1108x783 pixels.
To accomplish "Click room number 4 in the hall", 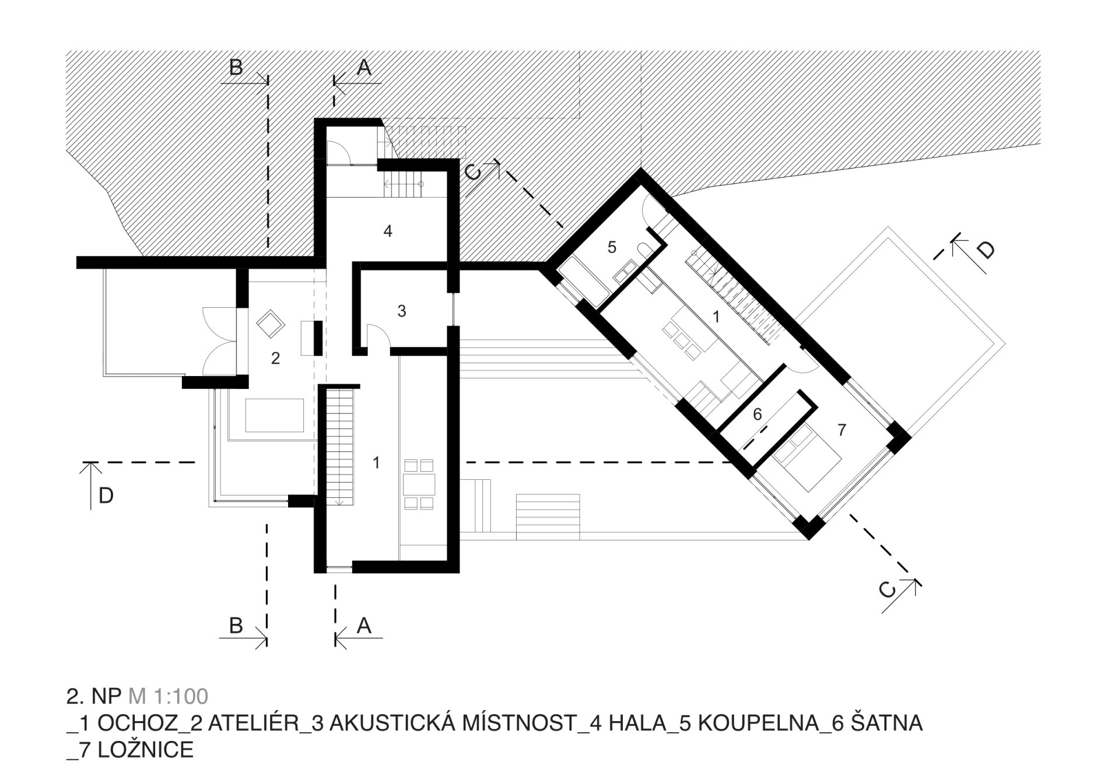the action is pyautogui.click(x=388, y=231).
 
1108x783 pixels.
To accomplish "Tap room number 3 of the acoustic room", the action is pyautogui.click(x=402, y=311).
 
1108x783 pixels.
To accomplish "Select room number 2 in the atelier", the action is pyautogui.click(x=276, y=358).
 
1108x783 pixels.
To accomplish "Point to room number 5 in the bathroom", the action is pyautogui.click(x=612, y=247).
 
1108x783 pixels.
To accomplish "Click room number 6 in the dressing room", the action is pyautogui.click(x=758, y=415).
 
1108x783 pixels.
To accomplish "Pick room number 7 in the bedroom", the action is pyautogui.click(x=841, y=430).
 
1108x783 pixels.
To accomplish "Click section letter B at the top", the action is pyautogui.click(x=236, y=68).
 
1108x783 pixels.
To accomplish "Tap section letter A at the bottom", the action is pyautogui.click(x=364, y=626).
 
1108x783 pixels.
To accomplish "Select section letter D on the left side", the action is pyautogui.click(x=106, y=496).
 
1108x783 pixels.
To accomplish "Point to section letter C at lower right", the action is pyautogui.click(x=887, y=590).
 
